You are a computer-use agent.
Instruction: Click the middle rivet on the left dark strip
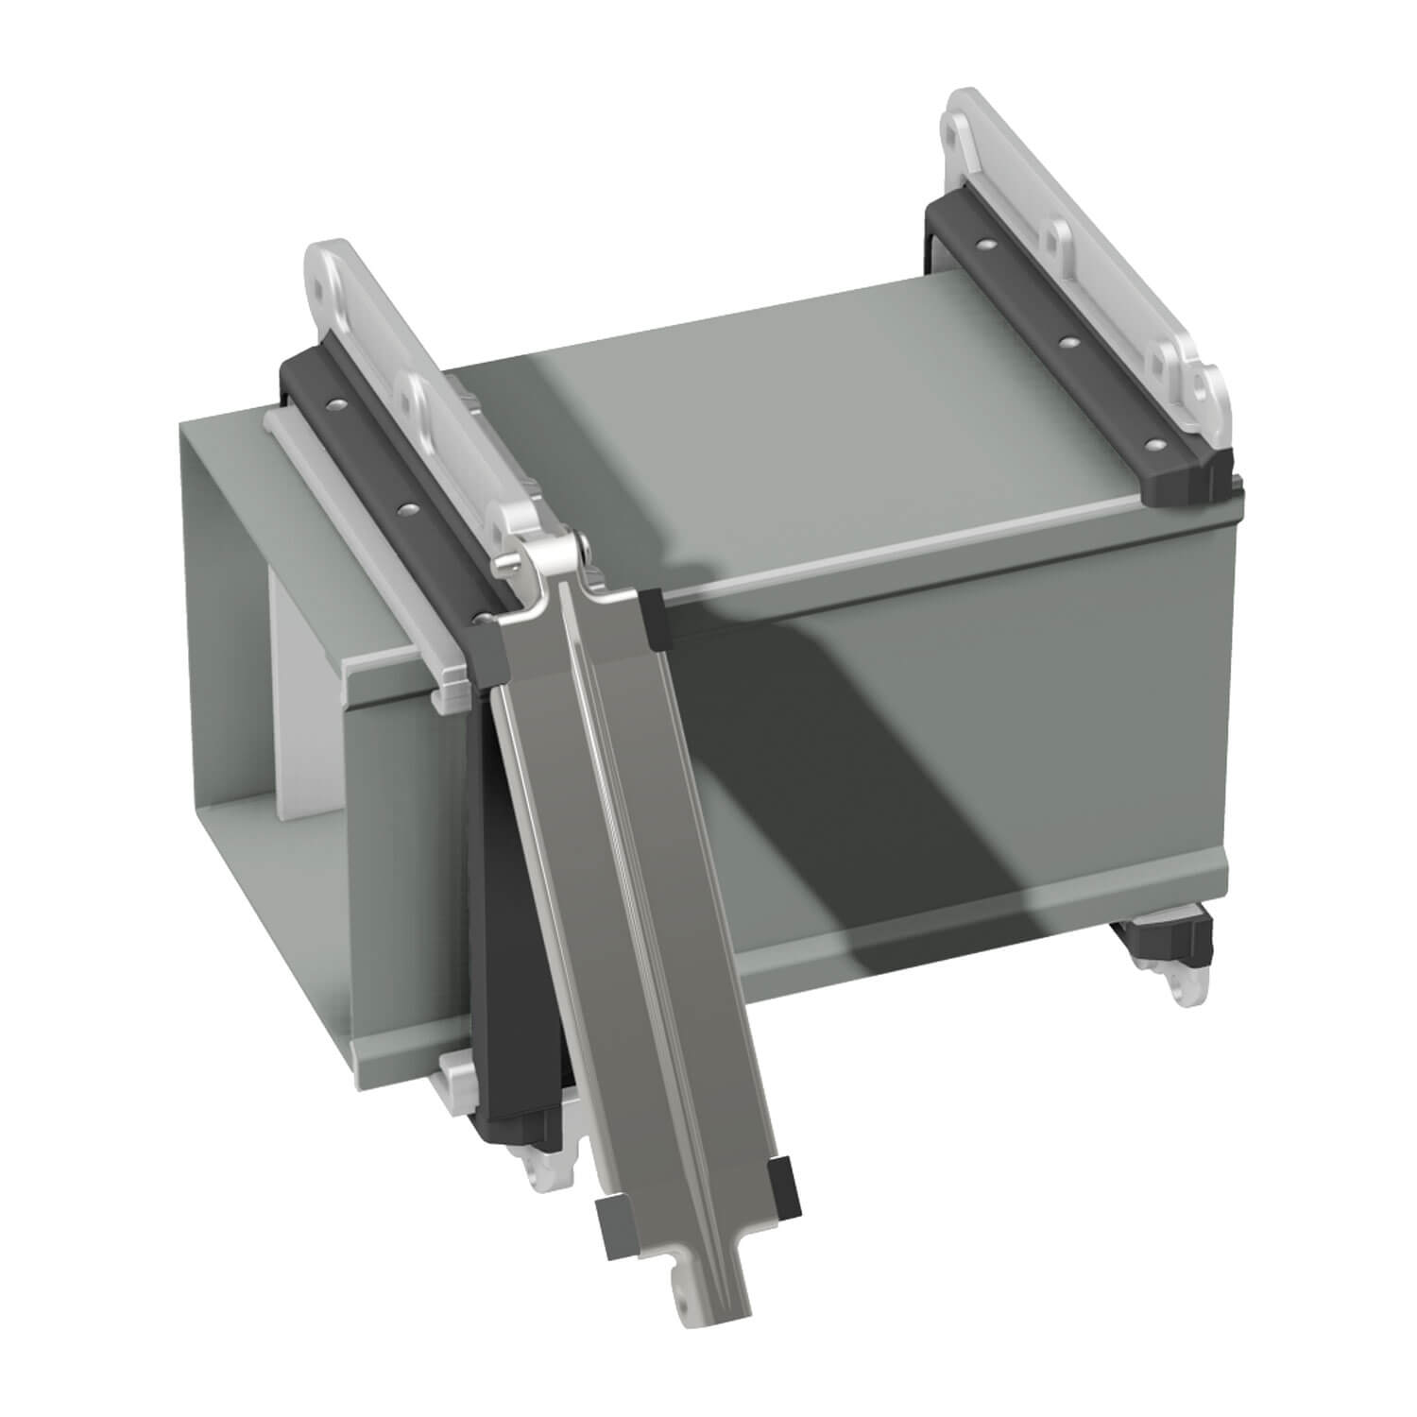tap(408, 509)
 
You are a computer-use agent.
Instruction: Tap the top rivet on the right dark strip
tap(986, 246)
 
